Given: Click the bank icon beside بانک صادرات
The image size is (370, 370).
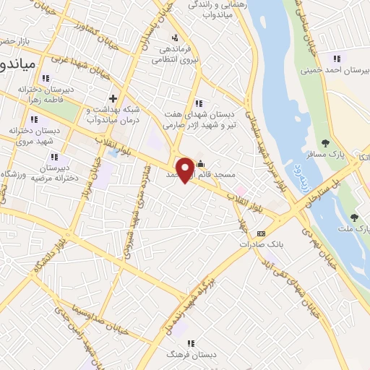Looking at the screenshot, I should pos(262,233).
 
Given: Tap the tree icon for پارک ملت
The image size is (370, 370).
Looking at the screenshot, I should pos(354,218).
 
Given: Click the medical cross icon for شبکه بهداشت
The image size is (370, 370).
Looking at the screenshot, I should pos(112,98).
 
